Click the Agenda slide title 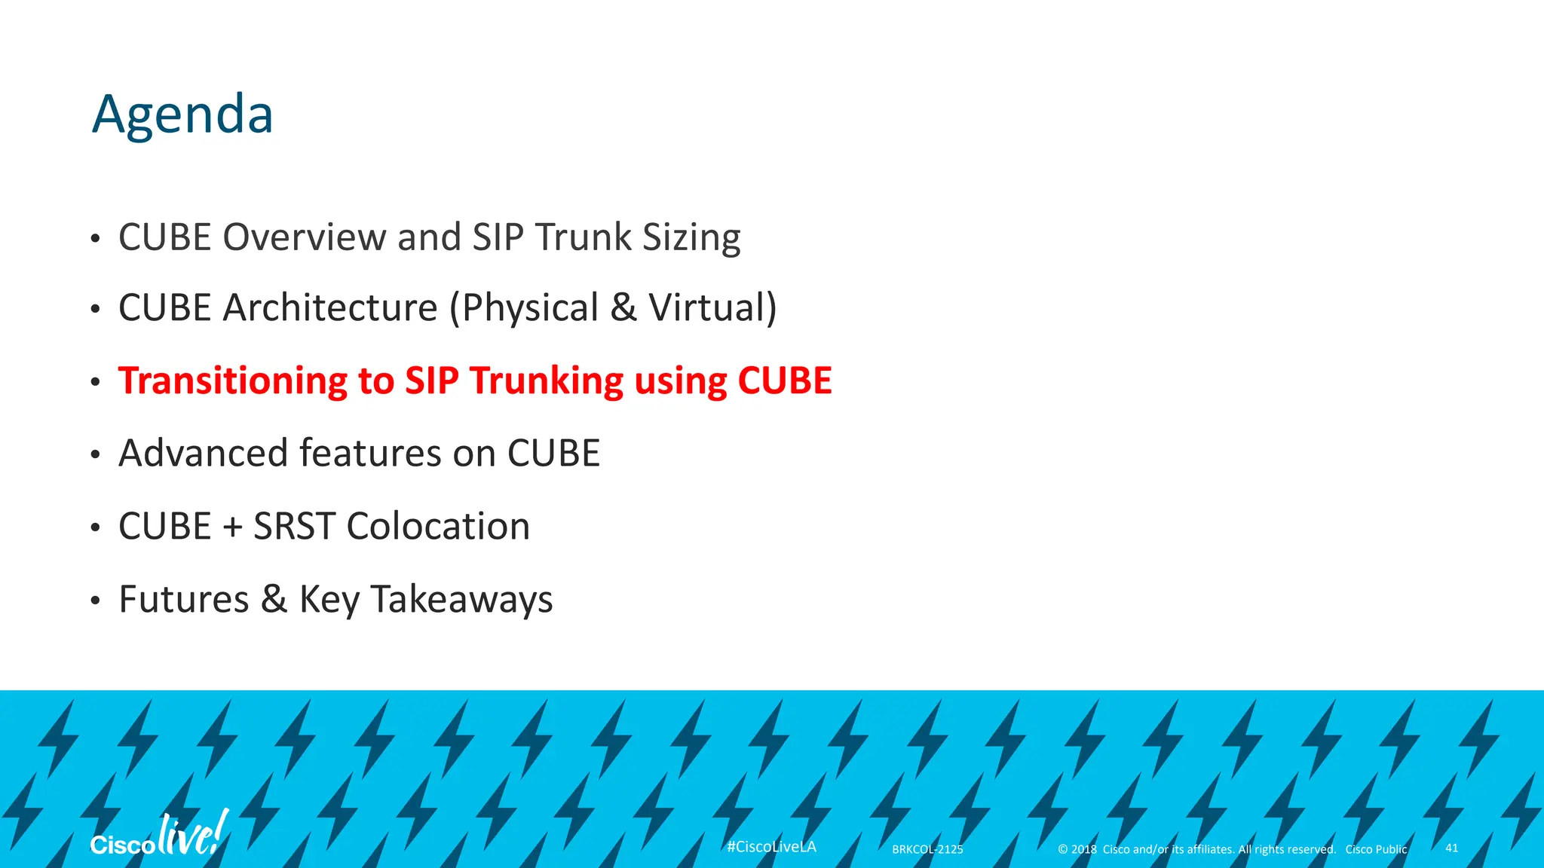point(182,115)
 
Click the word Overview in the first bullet point(305,237)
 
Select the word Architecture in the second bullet point(330,307)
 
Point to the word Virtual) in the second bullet point(712,307)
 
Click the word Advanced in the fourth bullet point(203,453)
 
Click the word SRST point(294,526)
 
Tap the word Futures point(184,600)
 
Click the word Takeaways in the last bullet point(461,601)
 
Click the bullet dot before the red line point(95,382)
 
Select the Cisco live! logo point(158,836)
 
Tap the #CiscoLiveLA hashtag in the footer point(771,847)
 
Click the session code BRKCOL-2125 point(927,849)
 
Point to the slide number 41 point(1451,848)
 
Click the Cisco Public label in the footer point(1376,849)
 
